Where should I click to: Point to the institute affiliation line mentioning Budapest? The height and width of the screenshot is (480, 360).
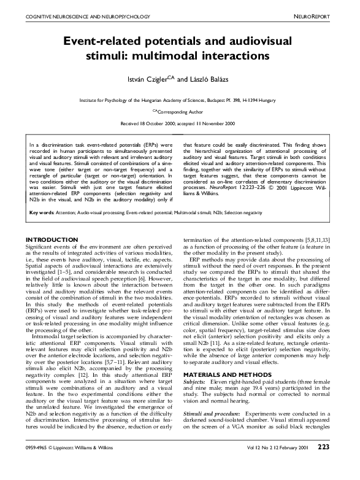click(x=180, y=99)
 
